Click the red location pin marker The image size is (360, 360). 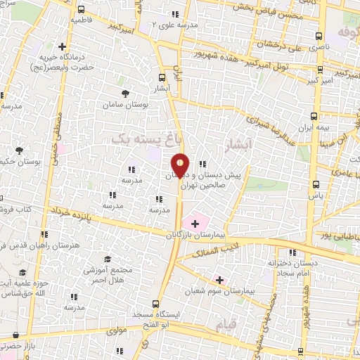click(180, 165)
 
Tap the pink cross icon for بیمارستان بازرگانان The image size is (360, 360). click(195, 223)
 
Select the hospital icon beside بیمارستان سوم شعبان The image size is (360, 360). click(219, 279)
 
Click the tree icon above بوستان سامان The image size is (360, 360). click(125, 94)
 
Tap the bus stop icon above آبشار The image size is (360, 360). click(162, 79)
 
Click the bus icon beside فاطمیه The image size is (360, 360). click(81, 11)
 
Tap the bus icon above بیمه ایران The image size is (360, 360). click(314, 117)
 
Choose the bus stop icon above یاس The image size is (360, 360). click(316, 185)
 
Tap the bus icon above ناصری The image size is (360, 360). click(319, 36)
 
